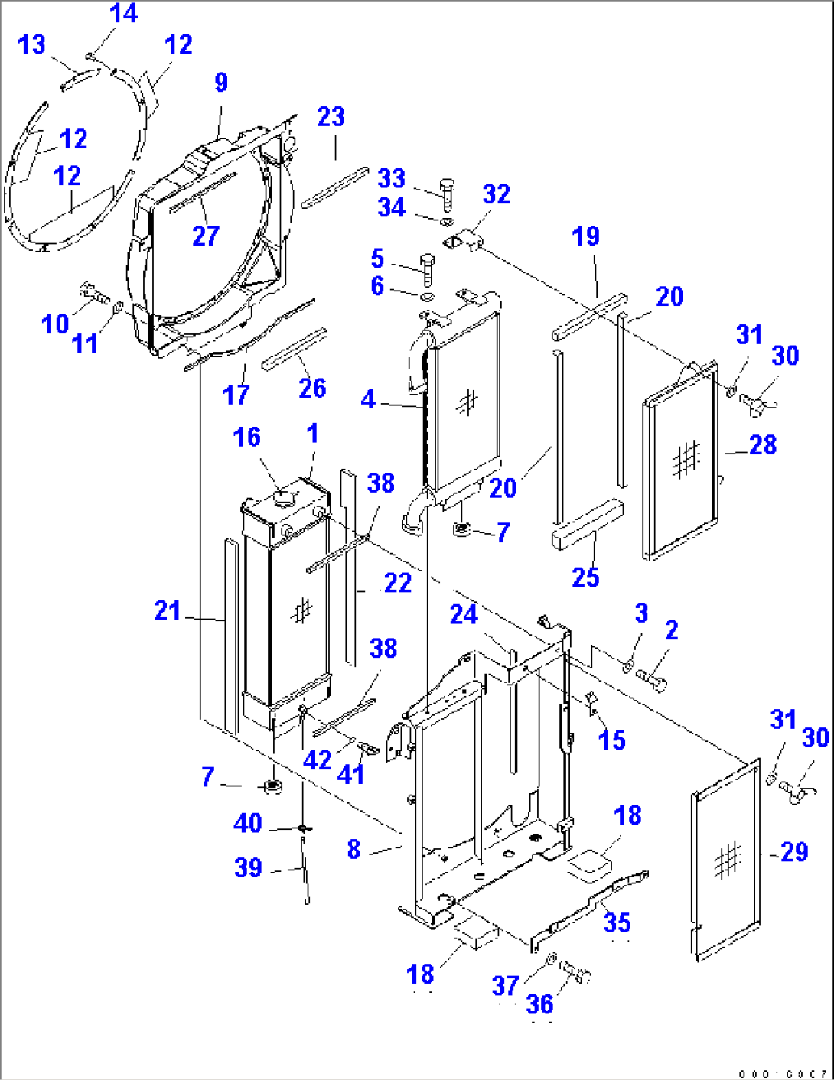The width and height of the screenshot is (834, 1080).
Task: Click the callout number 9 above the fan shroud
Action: [221, 83]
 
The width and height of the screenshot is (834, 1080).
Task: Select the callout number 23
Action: [331, 117]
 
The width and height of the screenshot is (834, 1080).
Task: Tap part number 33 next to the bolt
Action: [391, 178]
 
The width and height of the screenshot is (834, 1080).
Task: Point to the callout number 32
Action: [496, 194]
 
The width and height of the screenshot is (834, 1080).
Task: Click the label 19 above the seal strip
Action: [585, 236]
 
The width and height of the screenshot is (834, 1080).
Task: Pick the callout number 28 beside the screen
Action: [762, 444]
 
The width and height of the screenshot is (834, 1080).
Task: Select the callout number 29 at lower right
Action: [794, 851]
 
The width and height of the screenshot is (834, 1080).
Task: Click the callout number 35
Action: [617, 922]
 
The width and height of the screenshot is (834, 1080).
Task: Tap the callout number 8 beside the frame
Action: [353, 849]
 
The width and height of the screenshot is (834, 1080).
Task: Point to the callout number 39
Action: [248, 867]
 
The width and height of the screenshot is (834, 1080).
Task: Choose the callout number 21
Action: [168, 610]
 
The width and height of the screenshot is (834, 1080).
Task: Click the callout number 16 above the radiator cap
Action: [246, 437]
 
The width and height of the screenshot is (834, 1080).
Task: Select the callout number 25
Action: [585, 577]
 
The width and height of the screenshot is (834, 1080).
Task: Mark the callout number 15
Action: [611, 740]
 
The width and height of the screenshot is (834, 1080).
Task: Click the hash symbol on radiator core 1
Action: [302, 610]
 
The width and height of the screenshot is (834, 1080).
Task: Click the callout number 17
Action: [236, 395]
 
